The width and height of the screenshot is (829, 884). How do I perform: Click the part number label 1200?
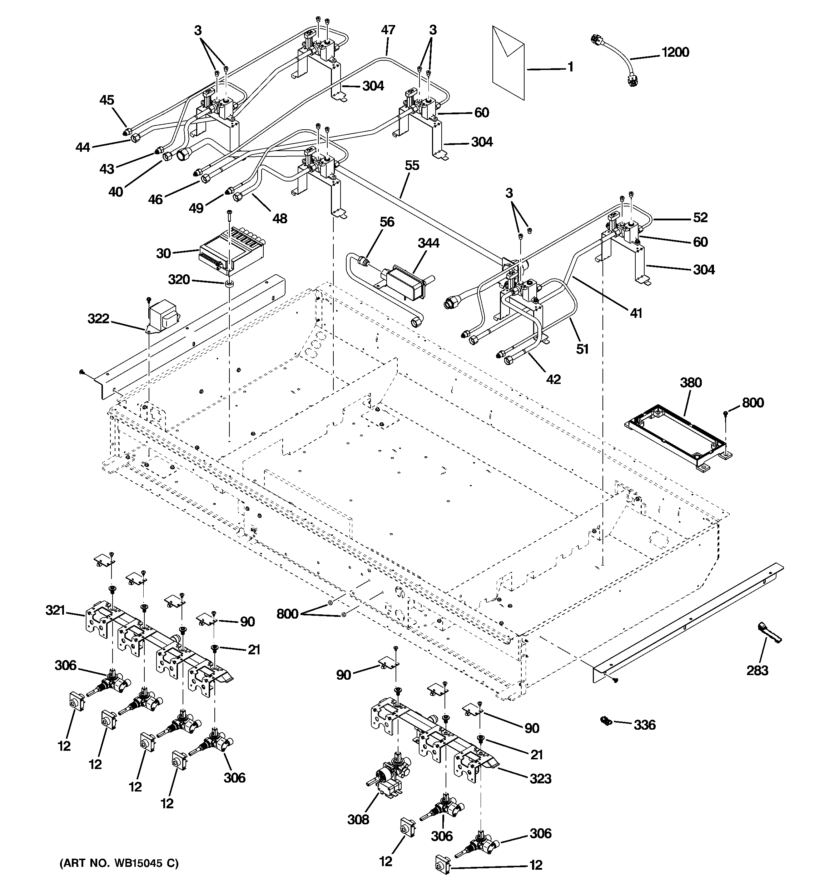(675, 53)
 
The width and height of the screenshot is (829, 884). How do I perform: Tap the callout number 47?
(388, 30)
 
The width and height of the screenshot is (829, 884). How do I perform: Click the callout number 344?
(428, 243)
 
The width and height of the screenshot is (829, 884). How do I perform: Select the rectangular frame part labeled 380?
(676, 438)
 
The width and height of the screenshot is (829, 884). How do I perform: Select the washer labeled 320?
(229, 284)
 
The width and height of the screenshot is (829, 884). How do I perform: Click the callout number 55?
(412, 166)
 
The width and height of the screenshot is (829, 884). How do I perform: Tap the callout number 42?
(553, 379)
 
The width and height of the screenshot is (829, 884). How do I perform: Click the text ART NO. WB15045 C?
(119, 864)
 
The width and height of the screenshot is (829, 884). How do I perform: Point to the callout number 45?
(107, 100)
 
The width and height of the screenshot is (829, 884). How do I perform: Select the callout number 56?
(387, 222)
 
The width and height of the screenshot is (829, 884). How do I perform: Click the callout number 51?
(582, 349)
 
